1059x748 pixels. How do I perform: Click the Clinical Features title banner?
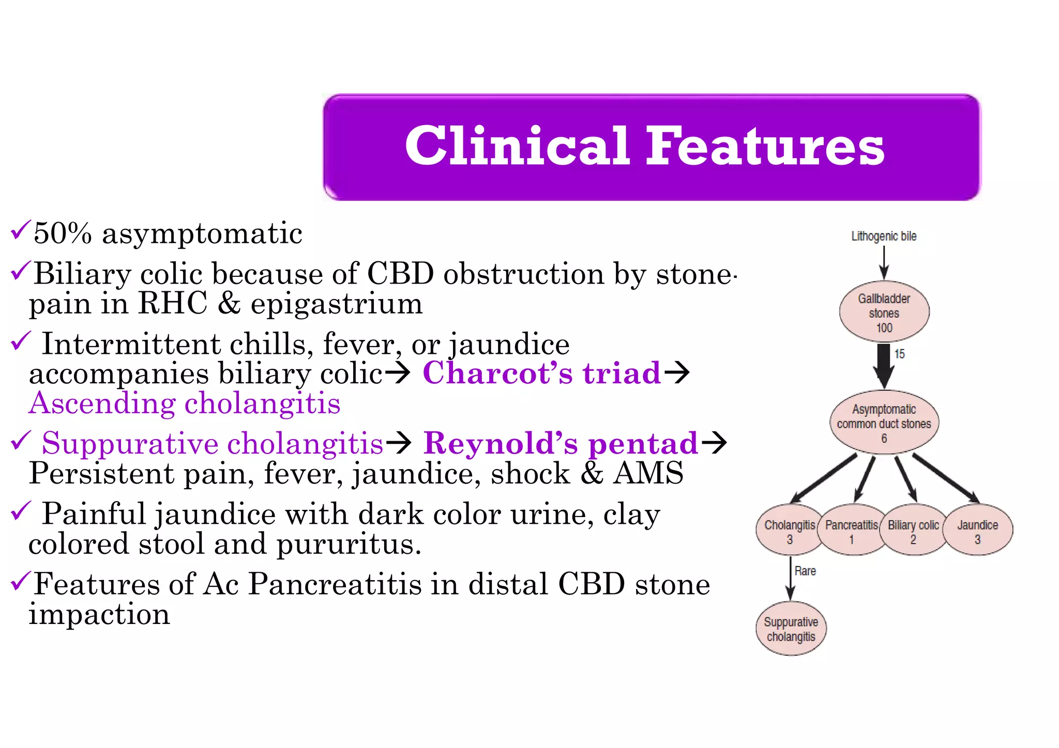click(651, 147)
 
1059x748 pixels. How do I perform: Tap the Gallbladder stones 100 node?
click(884, 312)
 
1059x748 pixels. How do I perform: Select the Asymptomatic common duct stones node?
click(884, 423)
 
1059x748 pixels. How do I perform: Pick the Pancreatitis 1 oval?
click(851, 531)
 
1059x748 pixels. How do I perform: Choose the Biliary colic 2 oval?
click(913, 531)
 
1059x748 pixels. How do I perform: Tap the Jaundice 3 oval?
click(977, 531)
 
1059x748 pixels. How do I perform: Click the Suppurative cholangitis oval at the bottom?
click(791, 629)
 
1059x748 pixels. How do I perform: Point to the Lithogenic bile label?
click(884, 236)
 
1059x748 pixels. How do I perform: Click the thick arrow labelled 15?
click(884, 364)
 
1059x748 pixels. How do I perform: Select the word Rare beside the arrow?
click(805, 571)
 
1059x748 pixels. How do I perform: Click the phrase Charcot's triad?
click(541, 373)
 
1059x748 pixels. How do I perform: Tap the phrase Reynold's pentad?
click(561, 443)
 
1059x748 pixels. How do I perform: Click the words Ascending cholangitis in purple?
click(185, 403)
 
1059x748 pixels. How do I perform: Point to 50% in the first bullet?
click(63, 233)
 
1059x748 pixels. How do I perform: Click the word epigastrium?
click(337, 304)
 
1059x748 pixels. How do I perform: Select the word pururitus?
click(349, 544)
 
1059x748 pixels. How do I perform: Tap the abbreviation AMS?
click(648, 473)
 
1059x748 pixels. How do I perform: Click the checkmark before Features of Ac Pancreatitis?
click(21, 581)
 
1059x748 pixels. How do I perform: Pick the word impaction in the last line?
click(99, 615)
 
